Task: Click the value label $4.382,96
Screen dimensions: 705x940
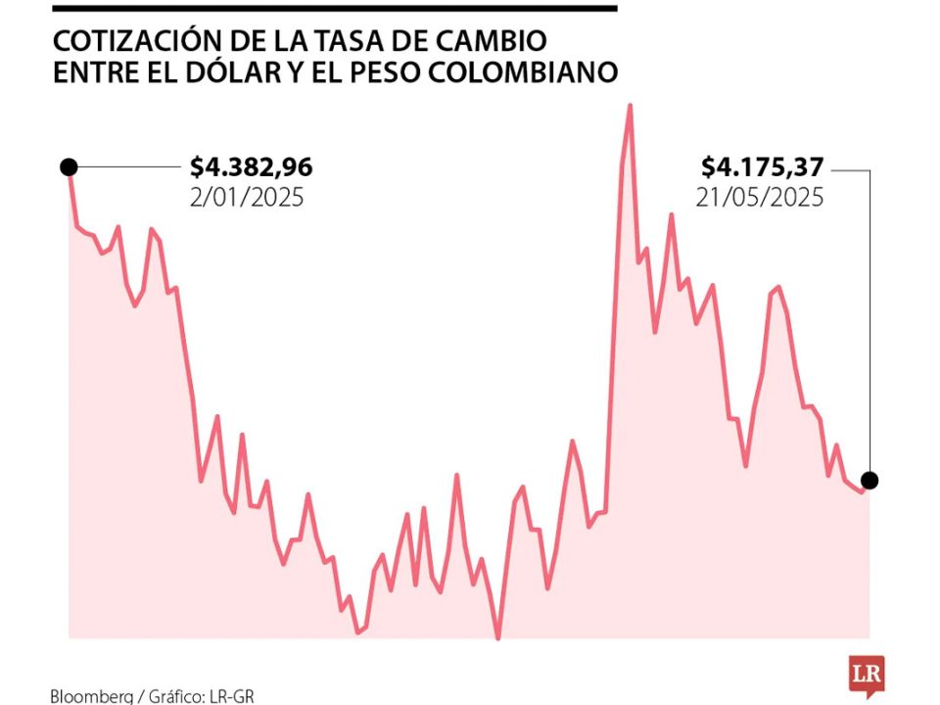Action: pyautogui.click(x=252, y=167)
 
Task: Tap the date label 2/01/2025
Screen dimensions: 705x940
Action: pyautogui.click(x=247, y=197)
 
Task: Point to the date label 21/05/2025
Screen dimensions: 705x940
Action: pyautogui.click(x=760, y=197)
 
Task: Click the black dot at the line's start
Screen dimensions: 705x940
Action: pyautogui.click(x=69, y=166)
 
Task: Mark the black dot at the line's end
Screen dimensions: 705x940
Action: pyautogui.click(x=869, y=480)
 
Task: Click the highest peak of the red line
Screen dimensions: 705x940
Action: pyautogui.click(x=630, y=106)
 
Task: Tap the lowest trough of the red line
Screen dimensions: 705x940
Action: pyautogui.click(x=498, y=637)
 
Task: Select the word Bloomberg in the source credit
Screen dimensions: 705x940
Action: pyautogui.click(x=91, y=696)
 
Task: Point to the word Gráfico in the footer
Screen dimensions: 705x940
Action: pyautogui.click(x=177, y=696)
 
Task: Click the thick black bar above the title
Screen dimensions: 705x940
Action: pyautogui.click(x=333, y=8)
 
